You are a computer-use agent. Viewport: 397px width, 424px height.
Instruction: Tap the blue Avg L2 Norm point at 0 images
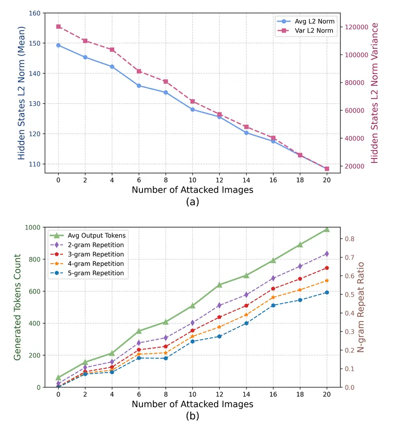click(x=58, y=45)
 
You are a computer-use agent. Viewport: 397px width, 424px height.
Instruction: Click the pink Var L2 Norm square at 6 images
click(x=139, y=71)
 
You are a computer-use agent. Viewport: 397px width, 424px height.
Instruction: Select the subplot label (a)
click(x=192, y=202)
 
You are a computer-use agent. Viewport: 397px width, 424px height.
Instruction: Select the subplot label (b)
click(x=192, y=416)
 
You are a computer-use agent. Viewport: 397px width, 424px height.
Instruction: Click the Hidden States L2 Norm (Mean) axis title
click(x=22, y=94)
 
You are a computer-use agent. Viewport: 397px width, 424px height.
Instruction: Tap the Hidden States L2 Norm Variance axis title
click(x=375, y=93)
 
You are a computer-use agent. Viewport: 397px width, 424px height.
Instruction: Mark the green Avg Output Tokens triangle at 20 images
click(x=327, y=230)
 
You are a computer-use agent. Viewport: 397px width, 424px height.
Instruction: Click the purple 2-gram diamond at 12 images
click(x=220, y=306)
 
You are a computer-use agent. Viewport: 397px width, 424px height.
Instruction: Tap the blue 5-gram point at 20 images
click(x=327, y=292)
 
